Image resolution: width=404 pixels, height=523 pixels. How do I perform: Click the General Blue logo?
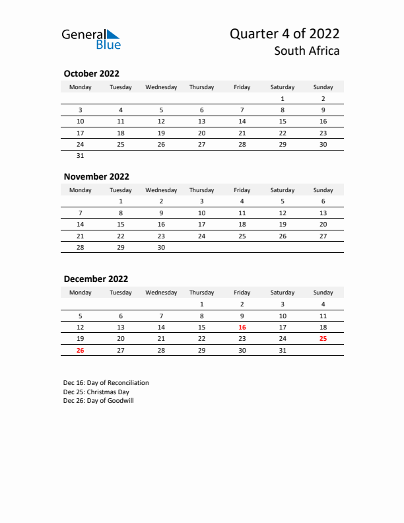[x=91, y=39]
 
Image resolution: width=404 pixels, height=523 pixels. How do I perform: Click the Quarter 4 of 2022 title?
[x=285, y=34]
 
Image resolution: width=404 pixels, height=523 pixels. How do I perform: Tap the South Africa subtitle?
[x=308, y=51]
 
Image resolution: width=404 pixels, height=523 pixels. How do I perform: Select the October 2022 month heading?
[x=91, y=74]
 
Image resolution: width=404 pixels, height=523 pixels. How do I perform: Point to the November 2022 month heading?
[x=96, y=176]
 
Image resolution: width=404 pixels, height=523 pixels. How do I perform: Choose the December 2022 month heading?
[x=96, y=279]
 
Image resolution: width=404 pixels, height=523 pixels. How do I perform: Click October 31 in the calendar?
[x=81, y=156]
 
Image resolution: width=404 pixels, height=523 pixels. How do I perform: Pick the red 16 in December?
[x=242, y=327]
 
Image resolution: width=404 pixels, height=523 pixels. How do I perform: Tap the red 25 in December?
[x=323, y=338]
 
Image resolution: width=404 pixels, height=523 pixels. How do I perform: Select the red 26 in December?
[x=81, y=350]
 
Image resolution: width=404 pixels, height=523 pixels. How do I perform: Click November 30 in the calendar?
[x=161, y=247]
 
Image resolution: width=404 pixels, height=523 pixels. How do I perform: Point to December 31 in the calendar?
[x=283, y=350]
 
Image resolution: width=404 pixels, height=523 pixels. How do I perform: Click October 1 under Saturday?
[x=283, y=98]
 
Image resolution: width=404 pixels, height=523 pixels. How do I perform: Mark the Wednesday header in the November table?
[x=161, y=190]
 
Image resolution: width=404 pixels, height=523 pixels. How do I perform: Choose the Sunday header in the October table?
[x=323, y=87]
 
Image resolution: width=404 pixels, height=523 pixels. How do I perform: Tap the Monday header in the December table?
[x=81, y=293]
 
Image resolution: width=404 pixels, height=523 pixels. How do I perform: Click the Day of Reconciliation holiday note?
[x=106, y=383]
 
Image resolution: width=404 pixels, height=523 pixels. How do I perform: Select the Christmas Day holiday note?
[x=96, y=392]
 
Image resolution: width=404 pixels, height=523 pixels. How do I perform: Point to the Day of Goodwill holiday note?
[x=99, y=401]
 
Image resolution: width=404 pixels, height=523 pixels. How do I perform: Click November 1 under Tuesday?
[x=121, y=201]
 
